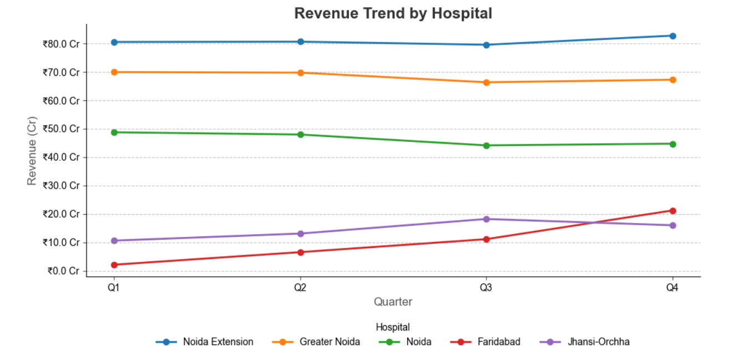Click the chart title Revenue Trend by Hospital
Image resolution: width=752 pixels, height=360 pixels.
tap(393, 13)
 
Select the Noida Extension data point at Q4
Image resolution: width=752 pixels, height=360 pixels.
tap(673, 36)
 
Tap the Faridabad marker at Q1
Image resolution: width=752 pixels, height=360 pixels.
tap(114, 265)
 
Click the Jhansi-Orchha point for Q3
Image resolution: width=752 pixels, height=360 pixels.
tap(486, 219)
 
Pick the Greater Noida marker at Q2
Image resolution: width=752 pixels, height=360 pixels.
tap(301, 73)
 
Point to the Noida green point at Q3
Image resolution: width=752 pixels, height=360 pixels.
tap(486, 145)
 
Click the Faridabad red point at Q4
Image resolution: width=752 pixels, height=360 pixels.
tap(673, 211)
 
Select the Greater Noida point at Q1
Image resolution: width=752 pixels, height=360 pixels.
tap(114, 72)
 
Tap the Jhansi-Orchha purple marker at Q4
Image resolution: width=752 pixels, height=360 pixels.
tap(673, 225)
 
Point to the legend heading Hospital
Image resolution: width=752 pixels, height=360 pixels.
tap(393, 327)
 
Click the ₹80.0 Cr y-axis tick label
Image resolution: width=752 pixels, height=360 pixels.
tap(61, 44)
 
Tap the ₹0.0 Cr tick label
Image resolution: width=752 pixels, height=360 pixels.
tap(63, 271)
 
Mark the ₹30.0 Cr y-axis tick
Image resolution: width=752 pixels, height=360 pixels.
tap(61, 186)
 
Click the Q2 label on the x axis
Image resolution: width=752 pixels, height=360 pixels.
tap(301, 287)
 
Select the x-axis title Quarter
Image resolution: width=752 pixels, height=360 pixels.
tap(393, 302)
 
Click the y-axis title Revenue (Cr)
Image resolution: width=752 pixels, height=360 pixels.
tap(32, 150)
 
